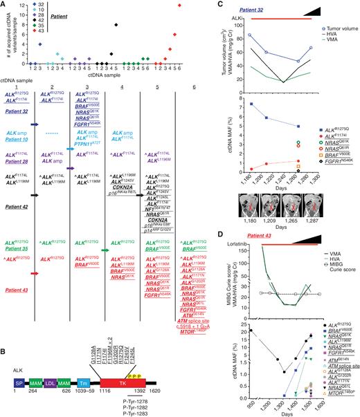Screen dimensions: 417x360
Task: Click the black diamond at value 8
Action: tap(116, 25)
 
